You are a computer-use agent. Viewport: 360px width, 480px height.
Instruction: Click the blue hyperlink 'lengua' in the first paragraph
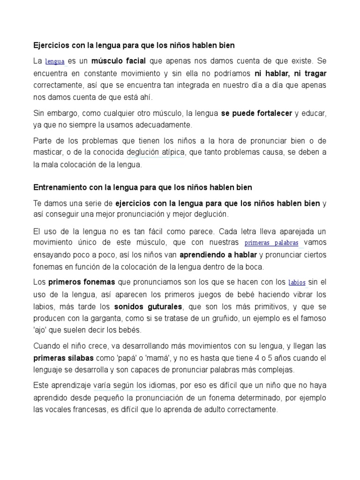pyautogui.click(x=55, y=61)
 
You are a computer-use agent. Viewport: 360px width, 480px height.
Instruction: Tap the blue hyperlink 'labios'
pyautogui.click(x=297, y=283)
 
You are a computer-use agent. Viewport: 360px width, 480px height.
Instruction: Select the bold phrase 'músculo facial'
pyautogui.click(x=119, y=61)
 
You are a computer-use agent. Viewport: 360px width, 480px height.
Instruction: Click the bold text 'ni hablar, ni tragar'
pyautogui.click(x=291, y=73)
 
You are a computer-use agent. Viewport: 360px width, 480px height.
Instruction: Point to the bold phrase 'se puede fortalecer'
pyautogui.click(x=257, y=113)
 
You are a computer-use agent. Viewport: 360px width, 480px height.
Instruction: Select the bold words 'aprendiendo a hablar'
pyautogui.click(x=218, y=255)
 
